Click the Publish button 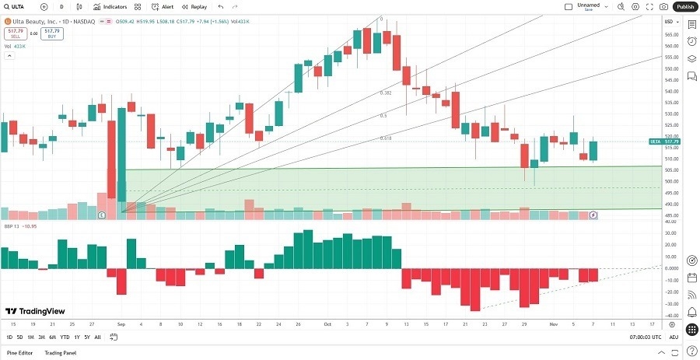(x=684, y=6)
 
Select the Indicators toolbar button (x=110, y=6)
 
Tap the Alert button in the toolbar (x=163, y=6)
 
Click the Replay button (x=195, y=6)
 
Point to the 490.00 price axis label (x=669, y=204)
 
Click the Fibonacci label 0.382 (x=386, y=93)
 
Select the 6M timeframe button (x=52, y=337)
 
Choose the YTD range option (x=65, y=337)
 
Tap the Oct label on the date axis (x=327, y=323)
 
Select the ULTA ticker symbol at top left (x=17, y=6)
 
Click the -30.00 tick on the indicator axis (x=669, y=304)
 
